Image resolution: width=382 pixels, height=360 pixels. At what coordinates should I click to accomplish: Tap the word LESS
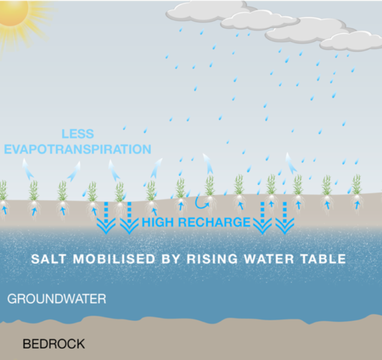[x=78, y=134]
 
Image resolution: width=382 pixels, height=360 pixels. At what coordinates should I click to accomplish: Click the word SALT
[x=48, y=259]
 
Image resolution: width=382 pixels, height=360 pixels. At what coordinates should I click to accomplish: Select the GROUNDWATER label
[x=57, y=299]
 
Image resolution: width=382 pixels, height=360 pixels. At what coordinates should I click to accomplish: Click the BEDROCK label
[x=54, y=343]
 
